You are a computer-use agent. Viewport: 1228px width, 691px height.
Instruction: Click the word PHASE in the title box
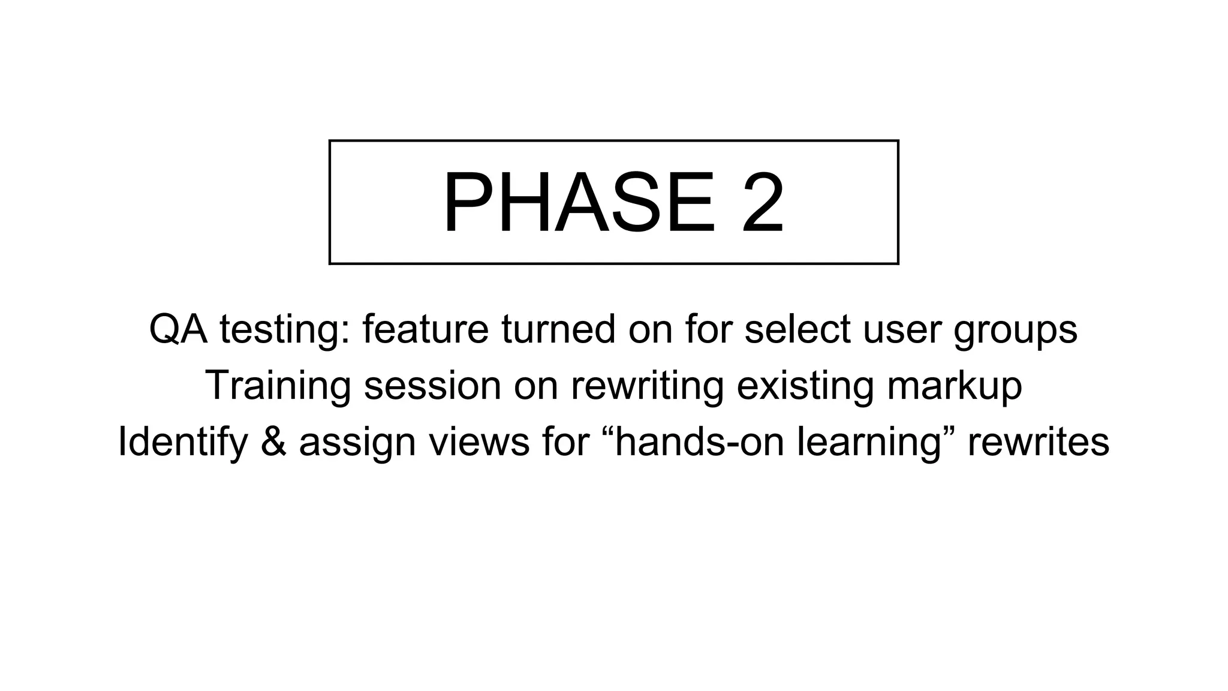click(x=579, y=203)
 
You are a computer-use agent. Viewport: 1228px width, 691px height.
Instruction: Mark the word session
click(x=432, y=386)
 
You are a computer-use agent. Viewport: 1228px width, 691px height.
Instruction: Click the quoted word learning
click(x=875, y=443)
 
